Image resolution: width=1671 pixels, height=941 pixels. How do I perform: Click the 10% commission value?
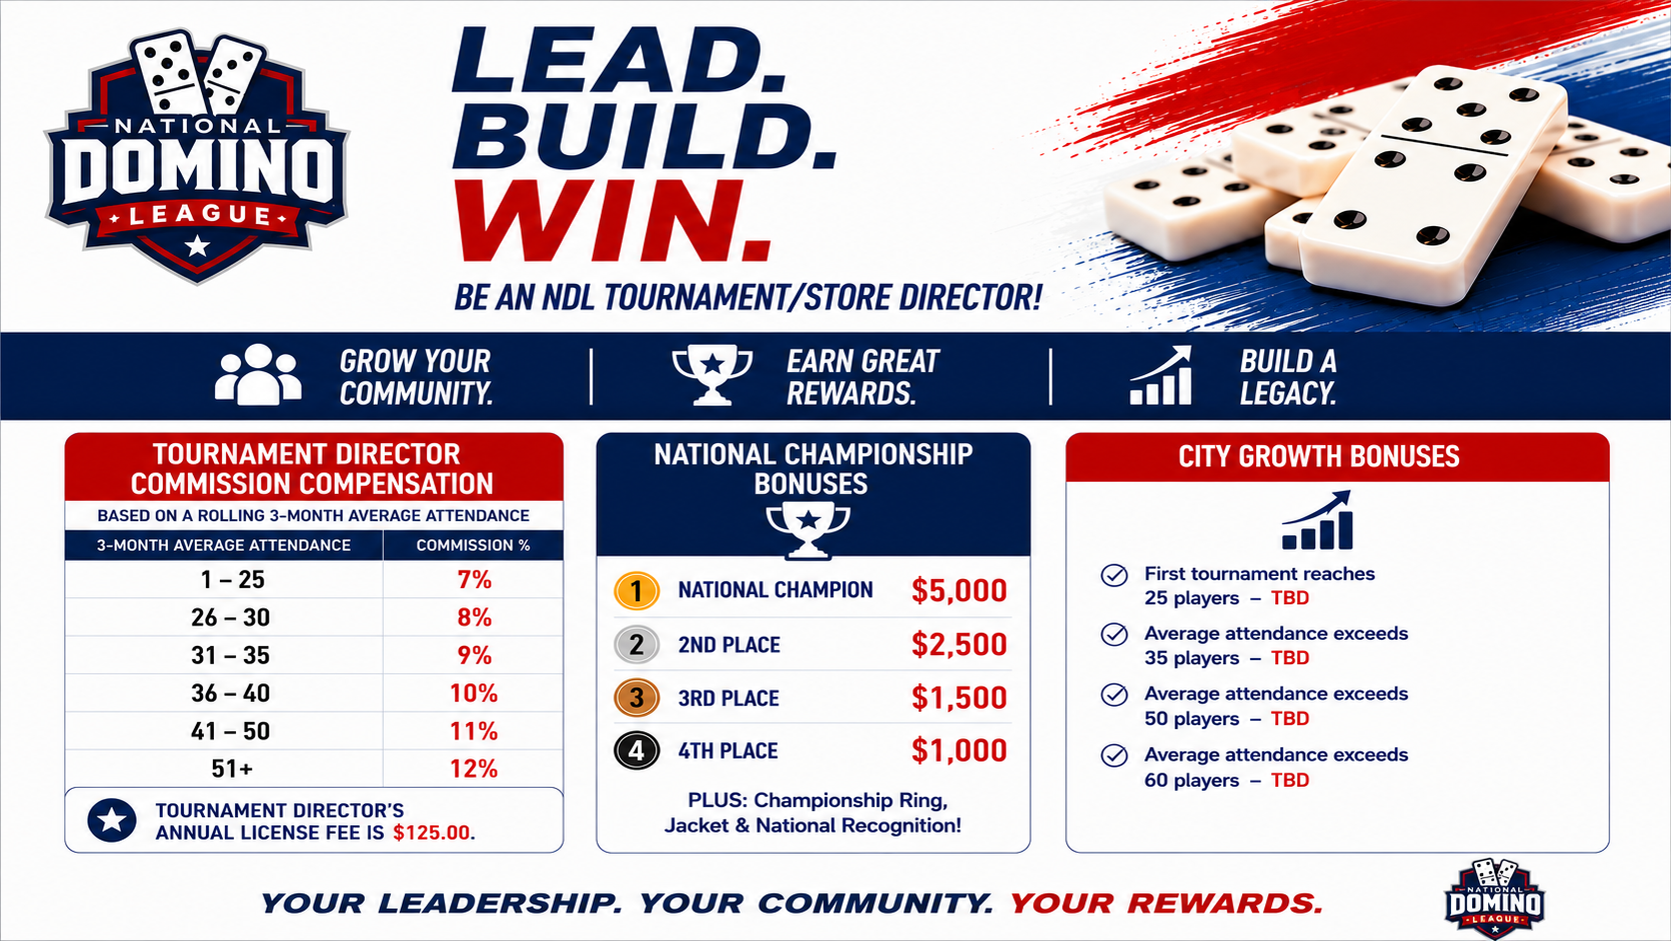point(474,693)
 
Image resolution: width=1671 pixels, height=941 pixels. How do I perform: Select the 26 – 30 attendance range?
point(231,618)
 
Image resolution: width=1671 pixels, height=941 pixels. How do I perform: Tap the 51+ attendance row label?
point(232,769)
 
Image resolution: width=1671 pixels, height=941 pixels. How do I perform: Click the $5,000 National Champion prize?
point(959,590)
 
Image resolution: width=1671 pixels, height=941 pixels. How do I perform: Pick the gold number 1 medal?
point(637,591)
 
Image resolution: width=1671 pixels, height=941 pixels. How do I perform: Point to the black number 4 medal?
point(637,751)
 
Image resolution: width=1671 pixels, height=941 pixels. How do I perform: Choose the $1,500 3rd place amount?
point(959,698)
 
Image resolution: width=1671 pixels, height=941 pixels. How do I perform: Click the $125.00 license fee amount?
point(434,833)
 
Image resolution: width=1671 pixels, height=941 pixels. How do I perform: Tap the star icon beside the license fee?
point(112,820)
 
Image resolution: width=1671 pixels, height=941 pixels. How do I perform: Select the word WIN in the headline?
point(613,222)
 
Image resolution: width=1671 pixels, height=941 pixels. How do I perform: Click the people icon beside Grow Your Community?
point(258,375)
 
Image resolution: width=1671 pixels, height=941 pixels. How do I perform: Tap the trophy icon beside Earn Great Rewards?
point(712,375)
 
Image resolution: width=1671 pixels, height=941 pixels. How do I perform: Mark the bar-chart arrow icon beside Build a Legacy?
point(1160,375)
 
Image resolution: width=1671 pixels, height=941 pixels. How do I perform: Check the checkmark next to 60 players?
point(1114,755)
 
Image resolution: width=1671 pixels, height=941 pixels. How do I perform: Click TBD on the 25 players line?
point(1290,598)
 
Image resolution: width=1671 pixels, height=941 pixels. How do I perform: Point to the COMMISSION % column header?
point(473,545)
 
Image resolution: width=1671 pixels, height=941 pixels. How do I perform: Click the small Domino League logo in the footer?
point(1494,898)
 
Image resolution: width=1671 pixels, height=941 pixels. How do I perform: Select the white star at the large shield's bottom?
point(197,246)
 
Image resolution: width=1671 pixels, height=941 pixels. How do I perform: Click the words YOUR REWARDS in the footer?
point(1166,904)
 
